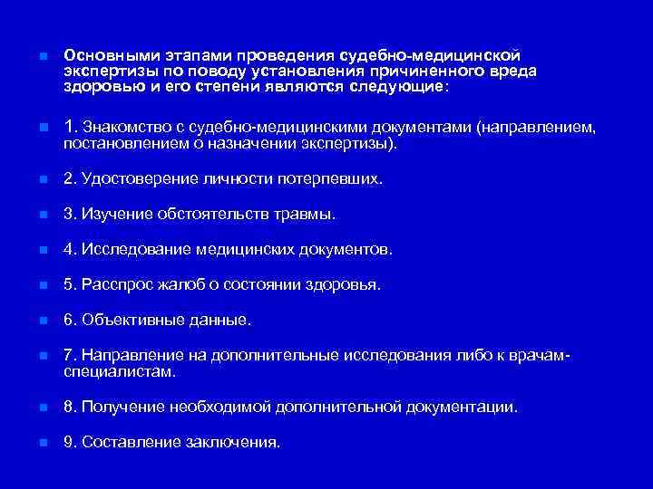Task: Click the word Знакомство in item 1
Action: [x=127, y=129]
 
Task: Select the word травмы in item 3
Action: [x=308, y=215]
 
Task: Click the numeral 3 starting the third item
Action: [x=68, y=215]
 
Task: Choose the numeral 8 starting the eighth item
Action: [x=68, y=407]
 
